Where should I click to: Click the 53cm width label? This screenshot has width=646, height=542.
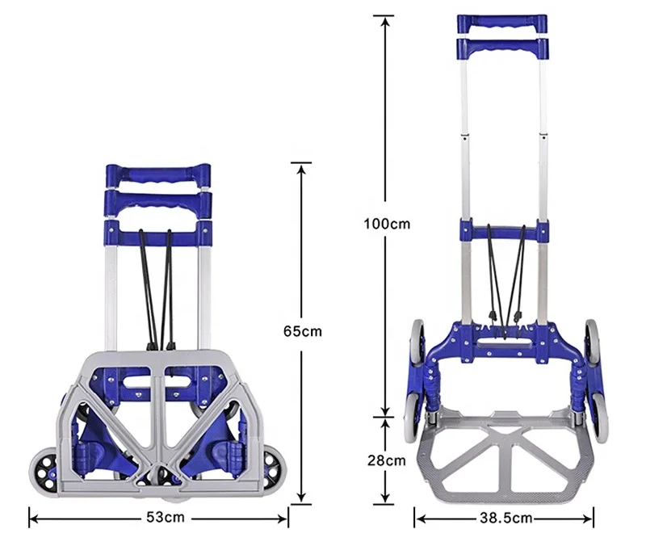pyautogui.click(x=166, y=517)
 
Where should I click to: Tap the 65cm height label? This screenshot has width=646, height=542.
pyautogui.click(x=302, y=331)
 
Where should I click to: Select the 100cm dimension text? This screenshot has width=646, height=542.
pyautogui.click(x=387, y=224)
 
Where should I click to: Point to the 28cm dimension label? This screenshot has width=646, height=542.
pyautogui.click(x=387, y=460)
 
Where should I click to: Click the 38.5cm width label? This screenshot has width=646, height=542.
pyautogui.click(x=506, y=518)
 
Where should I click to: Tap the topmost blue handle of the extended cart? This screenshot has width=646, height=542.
pyautogui.click(x=502, y=24)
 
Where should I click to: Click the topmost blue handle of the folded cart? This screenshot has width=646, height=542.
pyautogui.click(x=158, y=175)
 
